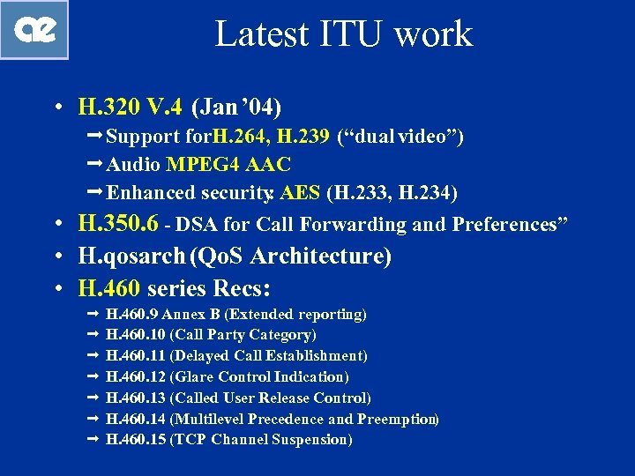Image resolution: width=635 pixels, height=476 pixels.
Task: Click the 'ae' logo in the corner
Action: click(35, 30)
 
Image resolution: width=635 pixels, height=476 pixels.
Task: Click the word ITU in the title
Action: click(356, 34)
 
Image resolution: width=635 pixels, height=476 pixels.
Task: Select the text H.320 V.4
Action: click(131, 108)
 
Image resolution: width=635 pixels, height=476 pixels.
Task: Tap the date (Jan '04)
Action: click(235, 108)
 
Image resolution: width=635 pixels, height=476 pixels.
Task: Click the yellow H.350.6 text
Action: click(118, 224)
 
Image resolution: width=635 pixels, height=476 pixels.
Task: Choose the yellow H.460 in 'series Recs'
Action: click(110, 288)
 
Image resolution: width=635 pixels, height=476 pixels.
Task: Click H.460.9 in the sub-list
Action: click(135, 314)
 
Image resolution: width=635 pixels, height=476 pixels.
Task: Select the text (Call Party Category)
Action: click(243, 335)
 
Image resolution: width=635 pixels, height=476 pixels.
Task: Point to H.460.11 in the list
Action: click(135, 356)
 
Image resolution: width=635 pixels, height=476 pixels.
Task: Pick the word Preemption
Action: click(398, 420)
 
